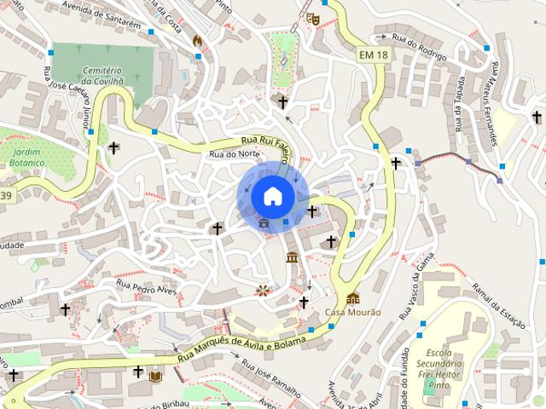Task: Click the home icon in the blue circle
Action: (272, 196)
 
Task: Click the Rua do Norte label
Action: (234, 153)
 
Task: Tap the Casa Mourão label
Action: (353, 313)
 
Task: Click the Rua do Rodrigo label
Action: (419, 37)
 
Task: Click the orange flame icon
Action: (198, 40)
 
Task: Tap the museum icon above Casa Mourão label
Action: (353, 298)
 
